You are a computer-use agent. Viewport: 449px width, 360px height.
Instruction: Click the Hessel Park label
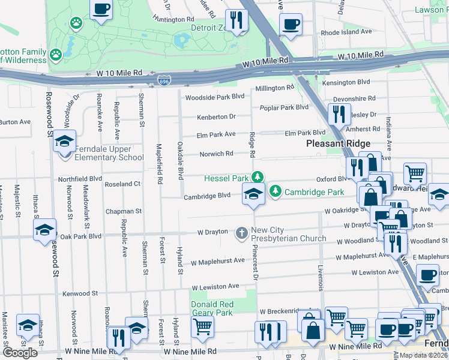(226, 178)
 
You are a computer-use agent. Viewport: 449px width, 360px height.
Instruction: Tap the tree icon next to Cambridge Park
(276, 191)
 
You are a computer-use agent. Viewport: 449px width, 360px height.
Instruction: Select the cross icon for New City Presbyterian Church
(242, 232)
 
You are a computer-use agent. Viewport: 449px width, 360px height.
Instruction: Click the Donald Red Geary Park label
(211, 308)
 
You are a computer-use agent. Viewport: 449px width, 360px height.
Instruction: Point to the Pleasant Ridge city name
(338, 143)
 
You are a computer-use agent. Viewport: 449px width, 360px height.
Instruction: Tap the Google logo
(20, 353)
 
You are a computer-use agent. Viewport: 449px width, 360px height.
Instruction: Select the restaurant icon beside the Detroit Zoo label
(237, 21)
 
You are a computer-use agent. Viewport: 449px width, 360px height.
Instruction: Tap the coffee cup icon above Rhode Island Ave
(291, 25)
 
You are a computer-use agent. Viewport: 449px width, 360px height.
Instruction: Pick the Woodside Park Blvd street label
(214, 97)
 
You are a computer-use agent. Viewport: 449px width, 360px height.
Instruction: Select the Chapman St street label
(123, 211)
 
